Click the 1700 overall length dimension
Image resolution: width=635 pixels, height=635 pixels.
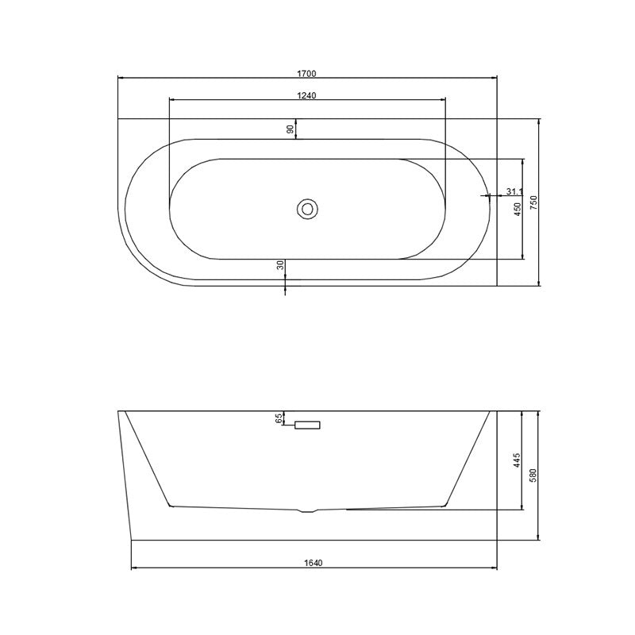coord(306,74)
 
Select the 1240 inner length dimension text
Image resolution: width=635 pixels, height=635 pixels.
coord(306,95)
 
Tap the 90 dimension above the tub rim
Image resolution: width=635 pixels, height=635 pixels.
coord(290,129)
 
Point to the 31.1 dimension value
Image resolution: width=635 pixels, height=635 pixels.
coord(514,191)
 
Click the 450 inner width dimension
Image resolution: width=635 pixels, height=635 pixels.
coord(518,209)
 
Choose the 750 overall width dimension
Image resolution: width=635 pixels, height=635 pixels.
coord(533,202)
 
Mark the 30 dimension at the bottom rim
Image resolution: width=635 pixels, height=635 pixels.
coord(280,265)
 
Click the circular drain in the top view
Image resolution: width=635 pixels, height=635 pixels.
coord(307,209)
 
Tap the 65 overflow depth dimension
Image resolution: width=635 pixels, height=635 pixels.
coord(279,419)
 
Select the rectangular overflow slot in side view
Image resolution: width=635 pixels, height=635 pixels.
coord(307,425)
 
